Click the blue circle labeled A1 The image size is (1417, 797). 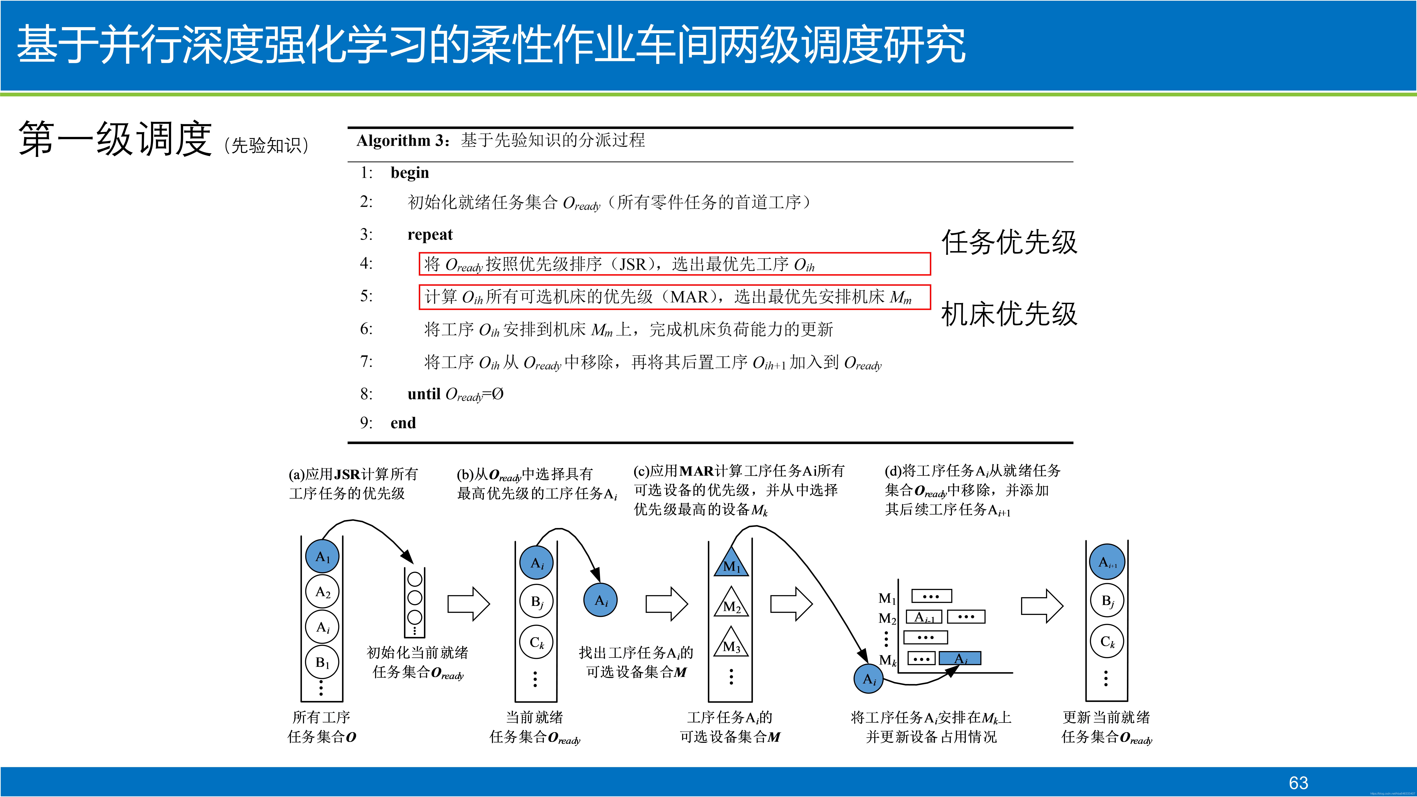tap(322, 557)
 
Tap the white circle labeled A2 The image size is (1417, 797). tap(322, 592)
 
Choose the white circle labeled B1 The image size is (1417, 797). tap(322, 662)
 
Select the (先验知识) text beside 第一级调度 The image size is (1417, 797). tap(267, 146)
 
